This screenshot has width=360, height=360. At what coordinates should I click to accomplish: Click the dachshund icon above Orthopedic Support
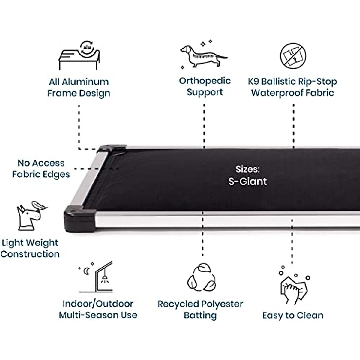[x=203, y=55]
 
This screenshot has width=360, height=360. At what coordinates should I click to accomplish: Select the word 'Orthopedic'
[x=205, y=81]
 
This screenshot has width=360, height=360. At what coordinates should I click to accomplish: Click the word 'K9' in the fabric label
[x=254, y=82]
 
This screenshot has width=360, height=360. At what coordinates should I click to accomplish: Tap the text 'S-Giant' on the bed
[x=248, y=181]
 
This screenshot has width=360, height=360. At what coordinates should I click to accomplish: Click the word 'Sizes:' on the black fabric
[x=247, y=169]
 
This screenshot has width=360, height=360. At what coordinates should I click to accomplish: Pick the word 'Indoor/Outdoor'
[x=98, y=304]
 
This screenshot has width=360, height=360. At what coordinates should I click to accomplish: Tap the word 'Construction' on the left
[x=30, y=254]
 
